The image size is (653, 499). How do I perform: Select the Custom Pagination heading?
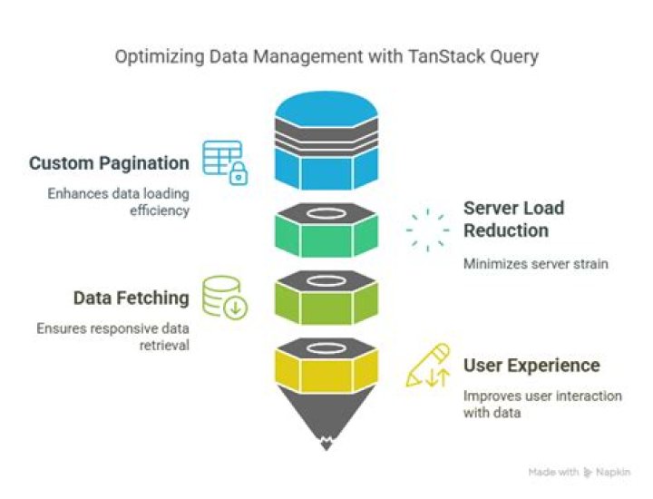coord(109,163)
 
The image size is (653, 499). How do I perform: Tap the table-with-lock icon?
coord(225,162)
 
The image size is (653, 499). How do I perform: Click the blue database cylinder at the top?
coord(326,141)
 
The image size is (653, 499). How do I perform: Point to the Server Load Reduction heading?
coord(514,219)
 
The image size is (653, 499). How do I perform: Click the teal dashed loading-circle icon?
coord(428,230)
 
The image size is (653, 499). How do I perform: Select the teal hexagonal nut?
coord(326,230)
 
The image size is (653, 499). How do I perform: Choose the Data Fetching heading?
coord(132,298)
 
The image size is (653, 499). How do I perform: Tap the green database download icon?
coord(225,298)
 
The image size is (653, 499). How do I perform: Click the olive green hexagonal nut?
coord(326,298)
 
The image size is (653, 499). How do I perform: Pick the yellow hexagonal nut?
coord(326,366)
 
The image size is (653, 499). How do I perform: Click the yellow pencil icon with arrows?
coord(428,366)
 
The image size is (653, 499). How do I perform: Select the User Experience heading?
coord(531,366)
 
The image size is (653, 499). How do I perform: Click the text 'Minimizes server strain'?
coord(536,264)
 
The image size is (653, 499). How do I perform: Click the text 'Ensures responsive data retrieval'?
coord(112,337)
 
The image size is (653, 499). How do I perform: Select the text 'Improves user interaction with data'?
coord(542,404)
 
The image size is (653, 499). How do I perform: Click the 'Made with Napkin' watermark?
coord(580,472)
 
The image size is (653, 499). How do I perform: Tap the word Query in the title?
coord(514,56)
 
